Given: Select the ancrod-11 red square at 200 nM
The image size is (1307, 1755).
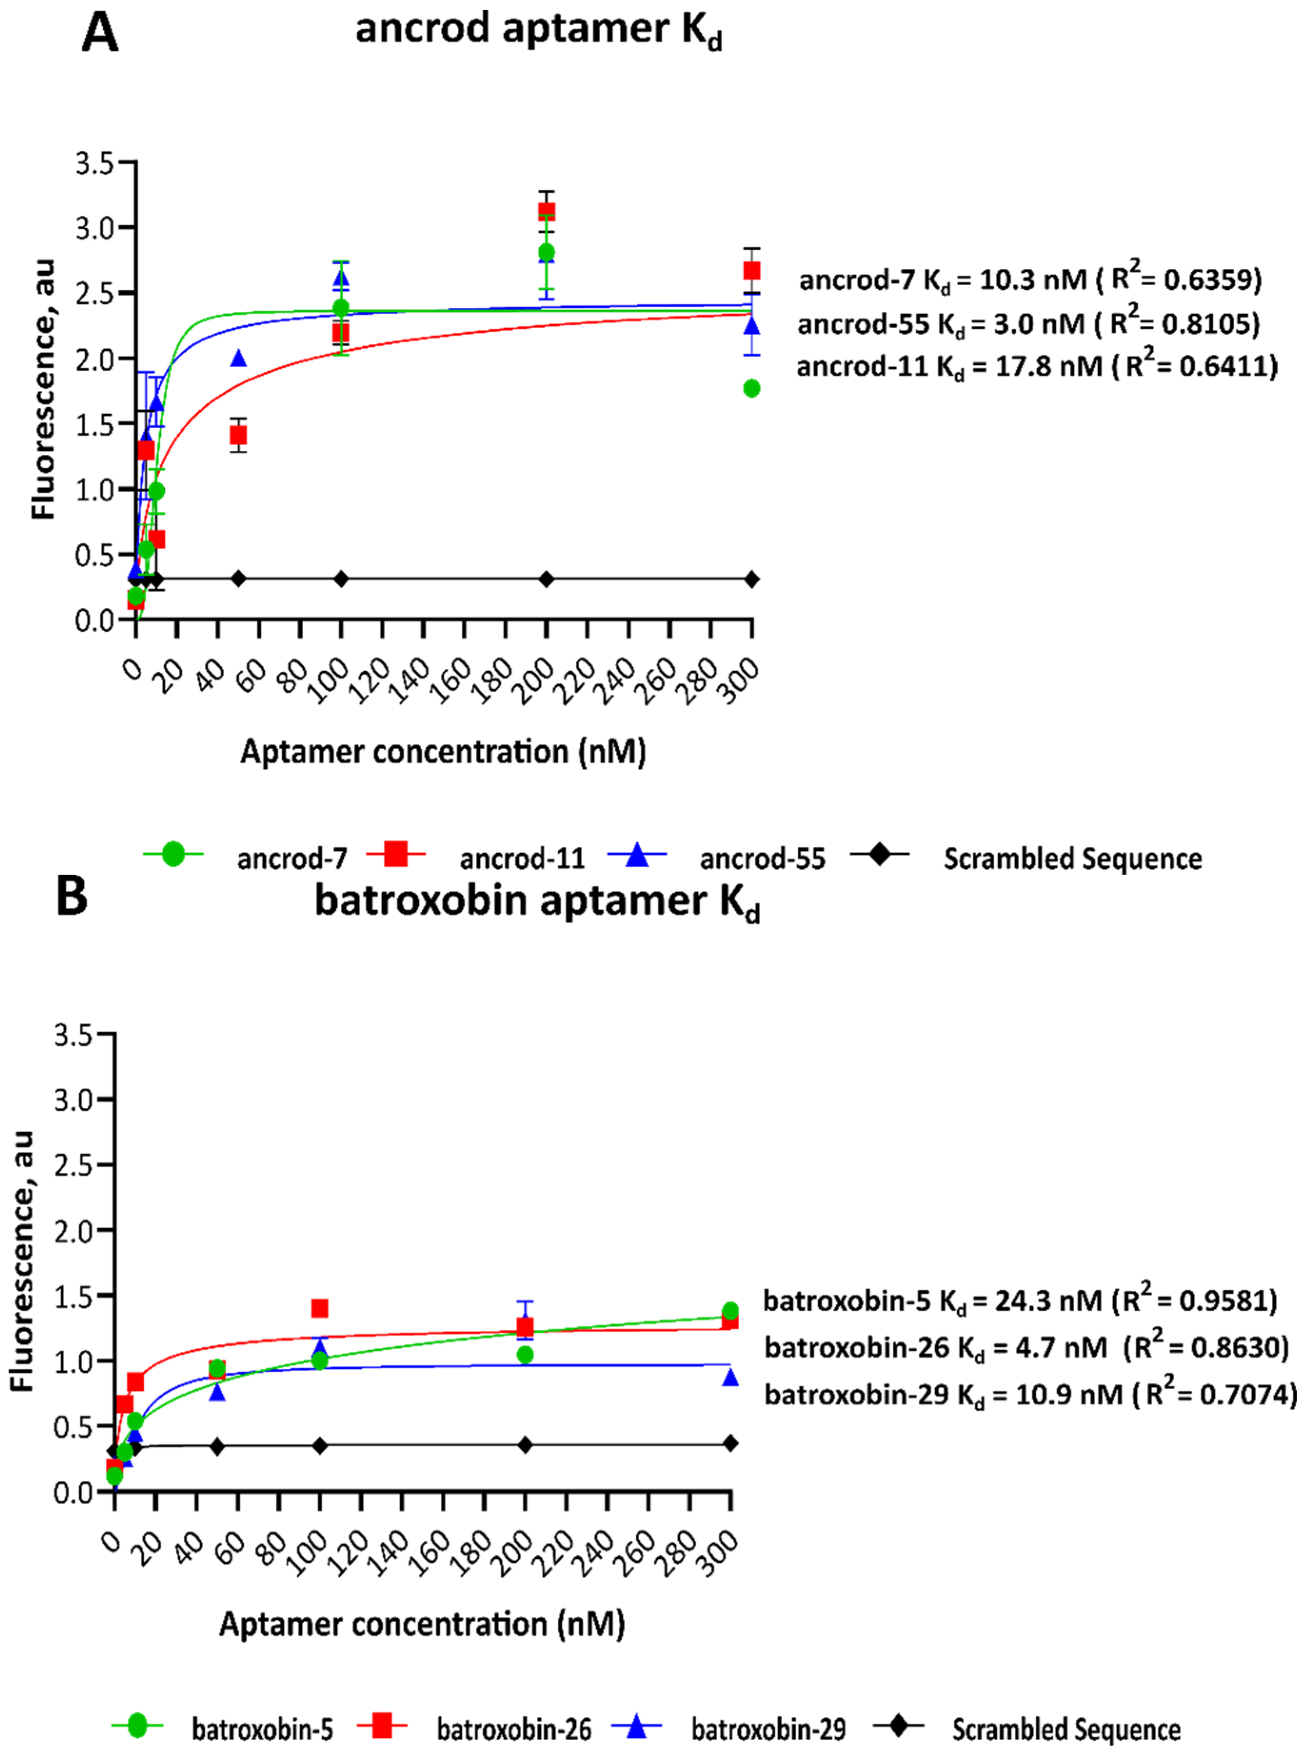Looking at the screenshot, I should (546, 211).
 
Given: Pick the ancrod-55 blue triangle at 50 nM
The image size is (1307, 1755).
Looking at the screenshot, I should (238, 359).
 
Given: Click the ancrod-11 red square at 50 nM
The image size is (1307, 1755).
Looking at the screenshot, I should (238, 435).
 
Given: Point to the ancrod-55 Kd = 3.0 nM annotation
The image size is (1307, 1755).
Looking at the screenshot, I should (1029, 324).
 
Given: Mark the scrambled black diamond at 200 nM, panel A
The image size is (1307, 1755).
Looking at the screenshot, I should (546, 579).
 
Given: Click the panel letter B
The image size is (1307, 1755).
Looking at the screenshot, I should (71, 898).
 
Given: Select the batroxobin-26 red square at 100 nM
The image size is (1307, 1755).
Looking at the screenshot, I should (320, 1309).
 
